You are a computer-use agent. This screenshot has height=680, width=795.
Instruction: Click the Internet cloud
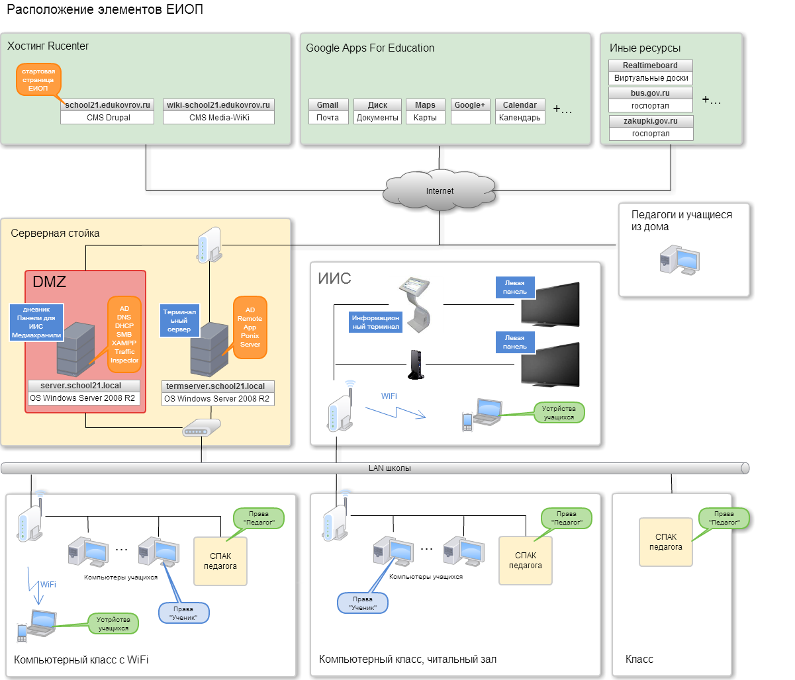click(x=440, y=191)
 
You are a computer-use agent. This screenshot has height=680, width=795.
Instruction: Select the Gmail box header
click(x=327, y=105)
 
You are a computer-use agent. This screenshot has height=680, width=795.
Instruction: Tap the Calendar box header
click(x=520, y=105)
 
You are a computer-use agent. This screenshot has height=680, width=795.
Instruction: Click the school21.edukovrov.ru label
click(x=107, y=105)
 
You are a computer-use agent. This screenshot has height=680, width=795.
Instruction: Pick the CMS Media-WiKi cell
click(x=218, y=118)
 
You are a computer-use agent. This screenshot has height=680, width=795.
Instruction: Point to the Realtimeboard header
click(x=650, y=65)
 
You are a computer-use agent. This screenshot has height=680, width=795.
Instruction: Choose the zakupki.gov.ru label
click(x=650, y=121)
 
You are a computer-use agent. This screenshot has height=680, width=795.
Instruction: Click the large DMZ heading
click(x=50, y=282)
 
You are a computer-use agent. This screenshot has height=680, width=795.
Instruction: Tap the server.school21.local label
click(x=81, y=385)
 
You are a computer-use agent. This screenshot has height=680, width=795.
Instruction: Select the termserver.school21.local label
click(x=215, y=386)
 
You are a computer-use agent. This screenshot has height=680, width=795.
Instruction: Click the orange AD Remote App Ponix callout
click(x=250, y=327)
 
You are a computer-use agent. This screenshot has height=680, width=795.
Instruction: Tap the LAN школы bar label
click(x=389, y=468)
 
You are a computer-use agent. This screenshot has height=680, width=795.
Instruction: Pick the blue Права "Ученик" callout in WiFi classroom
click(x=183, y=613)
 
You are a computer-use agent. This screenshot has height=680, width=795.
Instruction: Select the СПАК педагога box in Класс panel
click(x=665, y=542)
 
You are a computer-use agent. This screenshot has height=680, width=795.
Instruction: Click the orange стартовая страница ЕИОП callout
click(x=38, y=79)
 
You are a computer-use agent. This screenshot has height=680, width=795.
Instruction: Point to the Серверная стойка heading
click(x=55, y=234)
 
